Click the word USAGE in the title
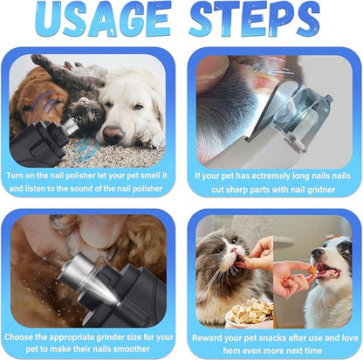100,21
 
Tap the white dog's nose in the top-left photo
112,133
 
